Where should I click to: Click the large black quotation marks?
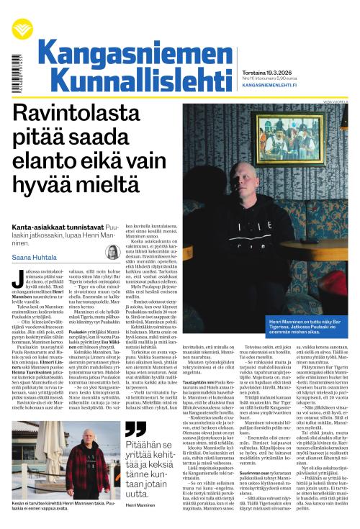click(x=135, y=430)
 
